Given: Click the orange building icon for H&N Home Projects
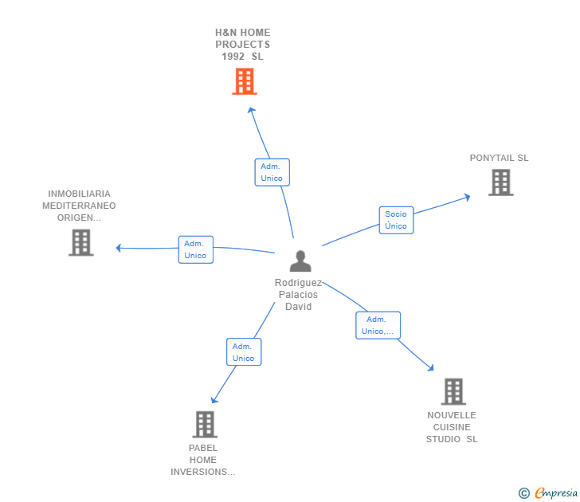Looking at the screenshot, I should click(x=245, y=81).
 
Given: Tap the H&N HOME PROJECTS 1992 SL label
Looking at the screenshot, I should click(x=242, y=45).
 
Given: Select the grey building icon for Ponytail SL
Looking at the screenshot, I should click(x=500, y=182).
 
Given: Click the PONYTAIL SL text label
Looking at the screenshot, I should click(x=499, y=158).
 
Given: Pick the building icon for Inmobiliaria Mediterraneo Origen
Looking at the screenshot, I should click(x=80, y=242).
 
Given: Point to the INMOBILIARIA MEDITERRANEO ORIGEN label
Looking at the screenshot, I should click(x=79, y=206).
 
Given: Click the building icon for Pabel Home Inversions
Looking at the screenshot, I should click(x=205, y=424).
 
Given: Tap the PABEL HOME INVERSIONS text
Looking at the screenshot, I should click(x=203, y=460).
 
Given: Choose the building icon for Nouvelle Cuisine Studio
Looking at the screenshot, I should click(x=453, y=391).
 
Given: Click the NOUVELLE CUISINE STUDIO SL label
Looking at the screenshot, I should click(x=452, y=427).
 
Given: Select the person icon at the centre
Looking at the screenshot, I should click(x=300, y=261).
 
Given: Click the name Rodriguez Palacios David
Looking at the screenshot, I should click(x=298, y=295).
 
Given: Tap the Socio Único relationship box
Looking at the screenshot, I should click(x=396, y=220).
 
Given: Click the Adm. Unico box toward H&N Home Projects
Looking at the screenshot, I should click(x=272, y=172).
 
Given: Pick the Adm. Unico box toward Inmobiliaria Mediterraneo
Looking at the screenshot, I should click(x=195, y=249).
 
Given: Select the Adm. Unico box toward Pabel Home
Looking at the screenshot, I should click(x=243, y=352).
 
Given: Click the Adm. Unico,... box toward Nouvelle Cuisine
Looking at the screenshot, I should click(x=378, y=325).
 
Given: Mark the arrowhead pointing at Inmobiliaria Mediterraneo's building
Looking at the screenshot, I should click(x=119, y=248).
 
